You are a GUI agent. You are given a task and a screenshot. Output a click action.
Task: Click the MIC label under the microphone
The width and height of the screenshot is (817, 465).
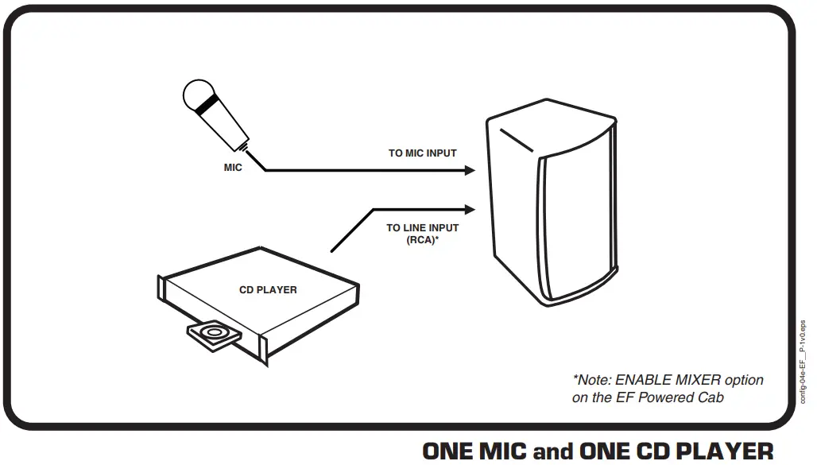(x=233, y=169)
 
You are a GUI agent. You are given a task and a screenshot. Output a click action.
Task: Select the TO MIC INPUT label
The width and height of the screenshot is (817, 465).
(x=422, y=153)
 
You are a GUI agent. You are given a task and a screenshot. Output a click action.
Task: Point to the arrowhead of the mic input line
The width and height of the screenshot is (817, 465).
(x=470, y=170)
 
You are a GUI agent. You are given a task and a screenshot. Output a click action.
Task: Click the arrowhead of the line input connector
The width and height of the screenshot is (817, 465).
(x=470, y=209)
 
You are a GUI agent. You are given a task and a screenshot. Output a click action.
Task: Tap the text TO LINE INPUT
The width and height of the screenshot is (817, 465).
(x=422, y=228)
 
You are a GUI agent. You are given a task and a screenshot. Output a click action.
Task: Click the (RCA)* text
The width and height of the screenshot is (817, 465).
(x=422, y=238)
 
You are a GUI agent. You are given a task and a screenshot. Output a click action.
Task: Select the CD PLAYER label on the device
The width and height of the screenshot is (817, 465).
(x=268, y=290)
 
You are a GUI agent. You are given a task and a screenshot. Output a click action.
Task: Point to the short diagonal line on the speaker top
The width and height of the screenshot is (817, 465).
(x=517, y=140)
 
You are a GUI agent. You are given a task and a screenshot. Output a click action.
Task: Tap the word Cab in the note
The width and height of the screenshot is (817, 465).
(x=710, y=397)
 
